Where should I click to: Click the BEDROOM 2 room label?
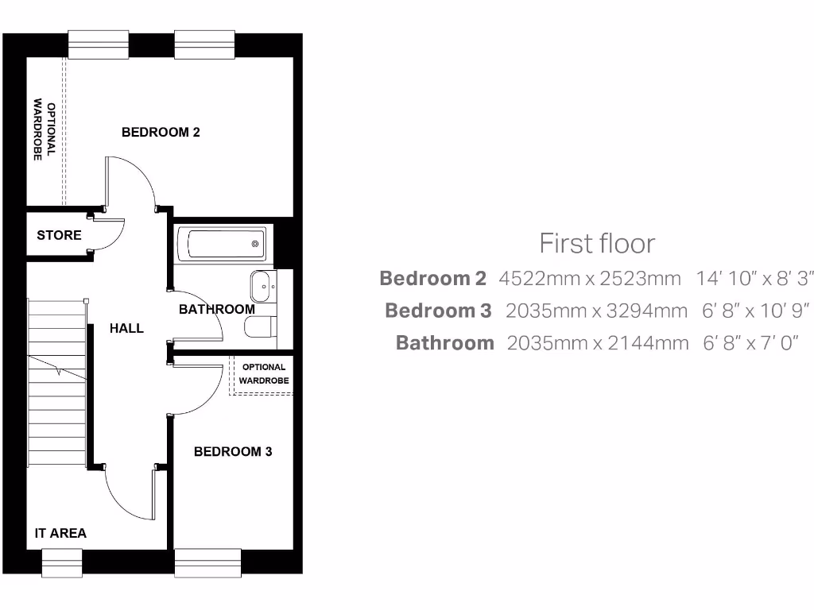click(161, 132)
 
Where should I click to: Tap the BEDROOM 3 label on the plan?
click(233, 451)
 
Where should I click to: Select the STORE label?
click(59, 235)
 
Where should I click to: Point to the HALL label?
click(126, 327)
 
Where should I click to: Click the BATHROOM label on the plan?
click(216, 309)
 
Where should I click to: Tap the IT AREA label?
click(60, 533)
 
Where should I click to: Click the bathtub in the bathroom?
click(222, 243)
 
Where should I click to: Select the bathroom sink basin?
click(262, 284)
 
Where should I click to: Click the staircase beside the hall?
click(57, 381)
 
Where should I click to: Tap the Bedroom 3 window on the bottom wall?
click(207, 562)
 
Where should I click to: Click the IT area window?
click(62, 562)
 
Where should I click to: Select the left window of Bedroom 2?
click(99, 44)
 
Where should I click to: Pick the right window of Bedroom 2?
click(204, 44)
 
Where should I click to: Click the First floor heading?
click(597, 243)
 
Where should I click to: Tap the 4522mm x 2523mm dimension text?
click(590, 279)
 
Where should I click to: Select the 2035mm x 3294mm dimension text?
click(596, 311)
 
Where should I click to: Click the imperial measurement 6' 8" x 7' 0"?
click(750, 343)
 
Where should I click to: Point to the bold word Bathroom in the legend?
click(444, 343)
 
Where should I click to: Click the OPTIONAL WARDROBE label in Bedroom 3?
click(264, 374)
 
